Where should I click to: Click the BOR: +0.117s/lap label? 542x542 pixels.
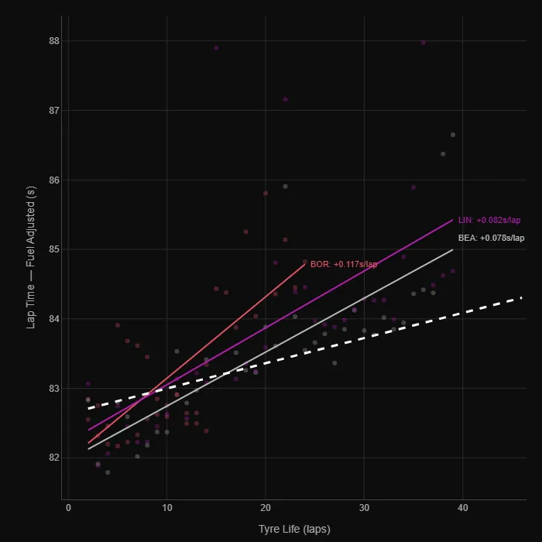(x=344, y=264)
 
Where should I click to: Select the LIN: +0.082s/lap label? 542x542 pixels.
(x=489, y=220)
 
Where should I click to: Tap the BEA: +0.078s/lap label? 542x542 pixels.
(x=491, y=238)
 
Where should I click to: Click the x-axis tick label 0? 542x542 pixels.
(x=68, y=508)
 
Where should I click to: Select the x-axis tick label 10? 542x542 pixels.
(x=166, y=508)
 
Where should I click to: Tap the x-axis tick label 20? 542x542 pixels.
(x=266, y=508)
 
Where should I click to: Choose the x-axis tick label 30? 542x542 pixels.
(x=364, y=508)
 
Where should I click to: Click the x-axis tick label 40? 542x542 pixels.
(x=462, y=508)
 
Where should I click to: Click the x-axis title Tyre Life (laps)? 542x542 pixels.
(x=295, y=530)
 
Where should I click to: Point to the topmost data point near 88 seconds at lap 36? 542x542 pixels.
(x=423, y=43)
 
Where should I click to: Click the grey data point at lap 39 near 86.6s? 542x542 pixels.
(x=453, y=135)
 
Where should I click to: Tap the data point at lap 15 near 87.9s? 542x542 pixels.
(x=216, y=48)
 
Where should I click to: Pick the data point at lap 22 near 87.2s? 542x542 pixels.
(x=285, y=99)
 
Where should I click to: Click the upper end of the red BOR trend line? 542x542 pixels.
(x=305, y=264)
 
